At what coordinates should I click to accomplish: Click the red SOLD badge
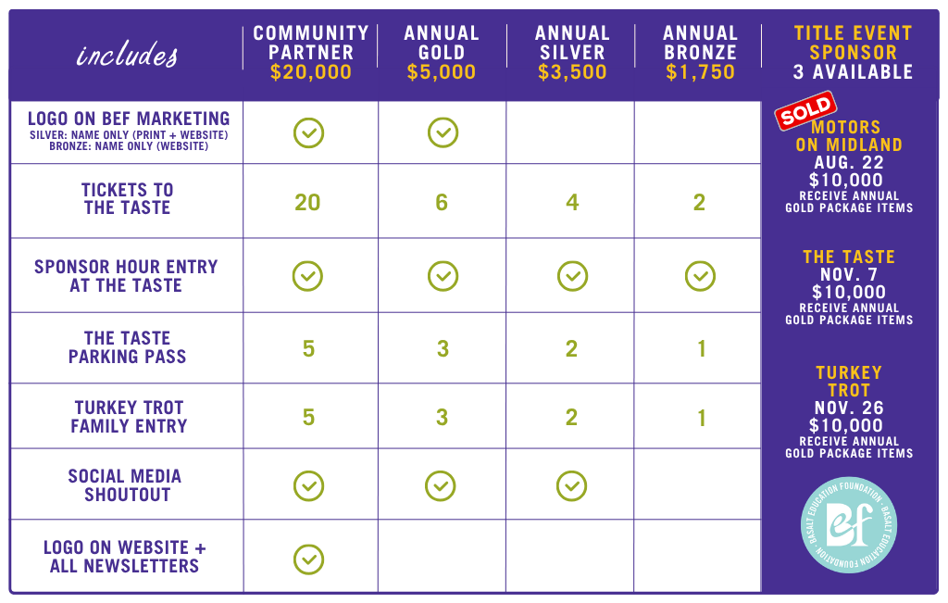pyautogui.click(x=806, y=110)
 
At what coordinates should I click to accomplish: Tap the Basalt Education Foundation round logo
pyautogui.click(x=849, y=525)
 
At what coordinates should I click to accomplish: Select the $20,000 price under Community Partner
pyautogui.click(x=311, y=72)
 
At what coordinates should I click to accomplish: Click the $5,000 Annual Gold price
pyautogui.click(x=442, y=72)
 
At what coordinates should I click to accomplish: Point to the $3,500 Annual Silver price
pyautogui.click(x=572, y=72)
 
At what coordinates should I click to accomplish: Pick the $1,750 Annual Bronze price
pyautogui.click(x=700, y=72)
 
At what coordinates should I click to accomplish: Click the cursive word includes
pyautogui.click(x=127, y=55)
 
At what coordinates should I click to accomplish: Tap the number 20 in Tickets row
pyautogui.click(x=307, y=202)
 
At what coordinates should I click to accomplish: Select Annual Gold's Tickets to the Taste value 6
pyautogui.click(x=442, y=202)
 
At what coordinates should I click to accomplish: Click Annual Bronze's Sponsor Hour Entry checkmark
pyautogui.click(x=700, y=276)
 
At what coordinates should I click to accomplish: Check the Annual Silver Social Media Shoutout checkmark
pyautogui.click(x=572, y=486)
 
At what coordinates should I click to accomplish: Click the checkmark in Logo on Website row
pyautogui.click(x=309, y=559)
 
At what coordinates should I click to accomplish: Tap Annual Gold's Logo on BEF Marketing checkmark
pyautogui.click(x=443, y=132)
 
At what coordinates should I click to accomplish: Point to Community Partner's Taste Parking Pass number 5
pyautogui.click(x=308, y=349)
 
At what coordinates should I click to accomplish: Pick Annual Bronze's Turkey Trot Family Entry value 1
pyautogui.click(x=702, y=418)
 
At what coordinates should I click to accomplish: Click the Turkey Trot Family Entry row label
pyautogui.click(x=129, y=417)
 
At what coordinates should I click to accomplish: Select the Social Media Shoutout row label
pyautogui.click(x=125, y=485)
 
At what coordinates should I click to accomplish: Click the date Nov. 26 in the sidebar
pyautogui.click(x=849, y=408)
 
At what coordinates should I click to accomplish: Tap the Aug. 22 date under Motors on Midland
pyautogui.click(x=849, y=163)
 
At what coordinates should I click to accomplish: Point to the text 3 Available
pyautogui.click(x=853, y=72)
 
